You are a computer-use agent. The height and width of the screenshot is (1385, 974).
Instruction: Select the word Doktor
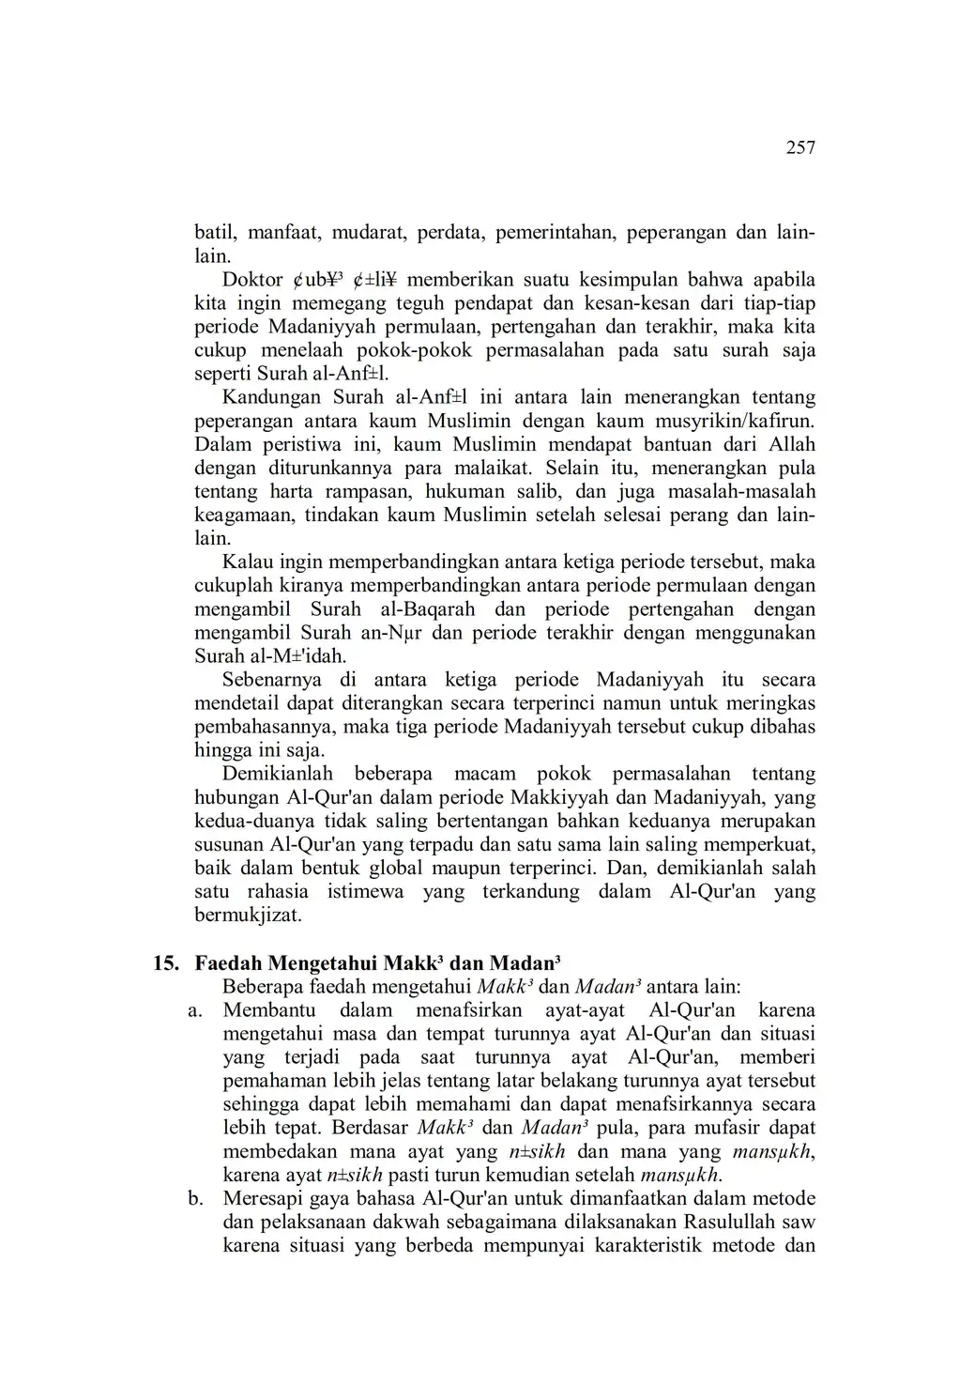[x=252, y=280]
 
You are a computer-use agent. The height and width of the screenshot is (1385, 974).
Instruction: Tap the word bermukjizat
[x=248, y=915]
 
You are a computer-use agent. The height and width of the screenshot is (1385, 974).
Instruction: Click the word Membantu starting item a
[x=268, y=1010]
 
